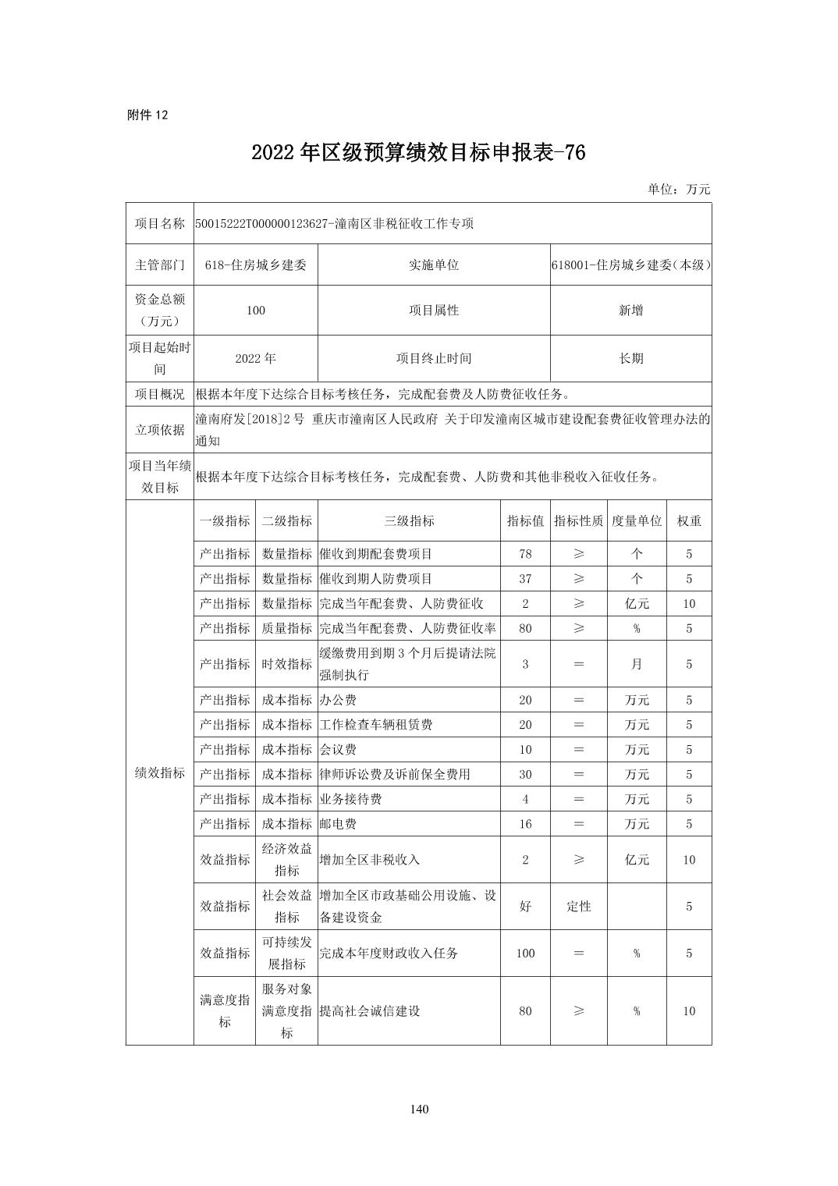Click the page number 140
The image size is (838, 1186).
click(419, 1109)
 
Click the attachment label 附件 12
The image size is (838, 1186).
click(147, 115)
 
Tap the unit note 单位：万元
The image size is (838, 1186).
click(678, 189)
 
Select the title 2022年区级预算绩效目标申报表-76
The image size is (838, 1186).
click(418, 153)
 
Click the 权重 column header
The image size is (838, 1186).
click(688, 520)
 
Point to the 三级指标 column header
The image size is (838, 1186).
click(409, 520)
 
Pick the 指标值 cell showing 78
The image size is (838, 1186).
click(525, 554)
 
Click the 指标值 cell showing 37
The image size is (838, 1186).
click(525, 579)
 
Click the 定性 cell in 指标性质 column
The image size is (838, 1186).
click(578, 906)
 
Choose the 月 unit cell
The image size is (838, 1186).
click(637, 664)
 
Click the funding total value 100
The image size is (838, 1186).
click(256, 310)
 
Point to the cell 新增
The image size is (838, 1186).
click(630, 310)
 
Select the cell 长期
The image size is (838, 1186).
click(630, 358)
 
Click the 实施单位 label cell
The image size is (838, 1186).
click(434, 265)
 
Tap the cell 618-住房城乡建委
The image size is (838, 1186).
click(256, 265)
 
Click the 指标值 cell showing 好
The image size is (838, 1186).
click(525, 906)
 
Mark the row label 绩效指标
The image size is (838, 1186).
click(160, 772)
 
